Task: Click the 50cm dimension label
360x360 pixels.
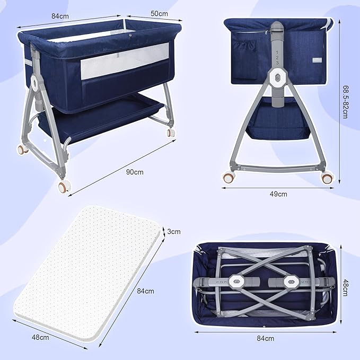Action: pos(159,14)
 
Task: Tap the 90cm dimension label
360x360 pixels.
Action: pos(135,172)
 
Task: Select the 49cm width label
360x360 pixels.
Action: pos(278,194)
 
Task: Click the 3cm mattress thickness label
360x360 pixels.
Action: pos(174,231)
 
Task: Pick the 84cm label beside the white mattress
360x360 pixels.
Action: pos(146,291)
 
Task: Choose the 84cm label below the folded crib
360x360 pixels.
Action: pos(266,338)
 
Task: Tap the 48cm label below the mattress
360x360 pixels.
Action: pos(40,337)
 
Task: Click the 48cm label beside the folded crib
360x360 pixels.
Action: pos(345,287)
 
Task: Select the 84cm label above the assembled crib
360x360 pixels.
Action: pos(60,16)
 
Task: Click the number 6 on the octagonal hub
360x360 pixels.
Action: pos(278,78)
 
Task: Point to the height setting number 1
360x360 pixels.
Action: pos(277,52)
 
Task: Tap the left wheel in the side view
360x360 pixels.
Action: pos(229,177)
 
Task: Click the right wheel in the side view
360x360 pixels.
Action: pos(327,178)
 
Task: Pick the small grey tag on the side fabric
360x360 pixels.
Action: pos(317,60)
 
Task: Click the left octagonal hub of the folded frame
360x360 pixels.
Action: pos(236,281)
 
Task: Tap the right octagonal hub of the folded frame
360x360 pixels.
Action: pos(292,282)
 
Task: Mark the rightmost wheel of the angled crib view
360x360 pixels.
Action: pos(171,133)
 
